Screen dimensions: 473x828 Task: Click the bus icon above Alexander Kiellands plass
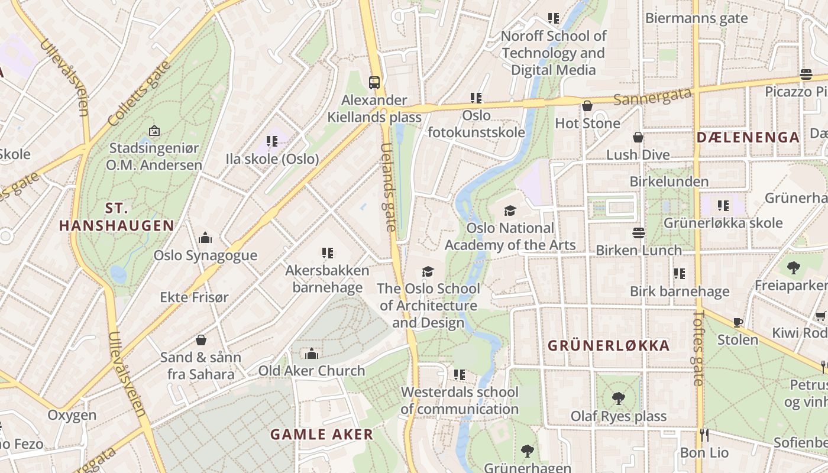(374, 82)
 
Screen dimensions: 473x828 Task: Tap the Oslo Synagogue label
(205, 255)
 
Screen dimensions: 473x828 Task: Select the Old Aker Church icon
(312, 354)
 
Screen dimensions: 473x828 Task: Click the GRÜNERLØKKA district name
(609, 346)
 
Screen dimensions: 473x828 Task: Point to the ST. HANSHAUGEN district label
(117, 217)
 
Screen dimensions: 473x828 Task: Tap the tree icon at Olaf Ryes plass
(619, 399)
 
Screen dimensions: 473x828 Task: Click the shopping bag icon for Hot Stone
(587, 106)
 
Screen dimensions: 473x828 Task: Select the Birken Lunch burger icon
(638, 233)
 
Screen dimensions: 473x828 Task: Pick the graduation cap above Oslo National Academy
(510, 210)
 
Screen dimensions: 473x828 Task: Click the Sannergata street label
(652, 96)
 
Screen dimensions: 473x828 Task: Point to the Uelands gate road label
(388, 187)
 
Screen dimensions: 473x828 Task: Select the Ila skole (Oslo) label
(272, 159)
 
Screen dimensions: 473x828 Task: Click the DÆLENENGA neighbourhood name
(748, 138)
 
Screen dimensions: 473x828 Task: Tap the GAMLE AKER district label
(322, 435)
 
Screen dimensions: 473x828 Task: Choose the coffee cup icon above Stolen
(738, 322)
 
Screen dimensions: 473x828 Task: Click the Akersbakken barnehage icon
(327, 253)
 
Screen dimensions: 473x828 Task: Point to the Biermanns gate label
(696, 18)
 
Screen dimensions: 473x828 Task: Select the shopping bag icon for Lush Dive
(638, 137)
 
